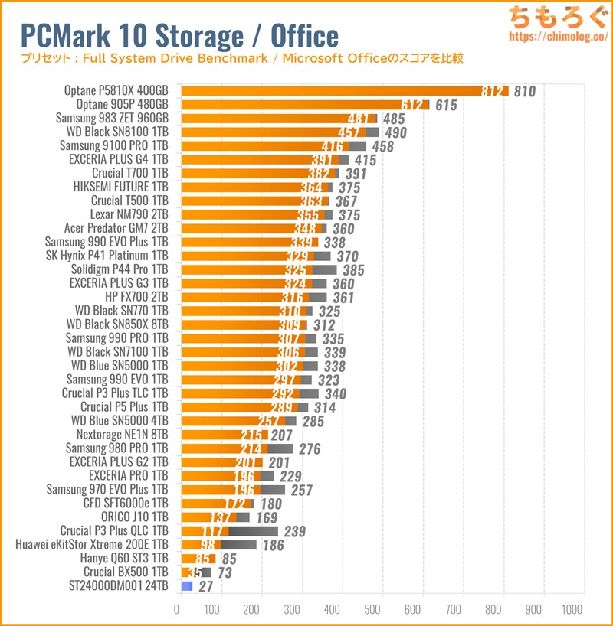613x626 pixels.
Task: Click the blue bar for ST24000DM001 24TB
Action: pyautogui.click(x=186, y=585)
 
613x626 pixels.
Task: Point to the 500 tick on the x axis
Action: pyautogui.click(x=375, y=610)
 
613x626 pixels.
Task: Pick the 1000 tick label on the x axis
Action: pyautogui.click(x=571, y=610)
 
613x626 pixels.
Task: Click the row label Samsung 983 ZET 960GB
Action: pyautogui.click(x=112, y=118)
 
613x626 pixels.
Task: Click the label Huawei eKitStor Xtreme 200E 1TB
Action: pyautogui.click(x=91, y=545)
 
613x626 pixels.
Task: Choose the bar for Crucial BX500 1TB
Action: pyautogui.click(x=195, y=572)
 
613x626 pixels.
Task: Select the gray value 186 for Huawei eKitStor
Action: pyautogui.click(x=273, y=545)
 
